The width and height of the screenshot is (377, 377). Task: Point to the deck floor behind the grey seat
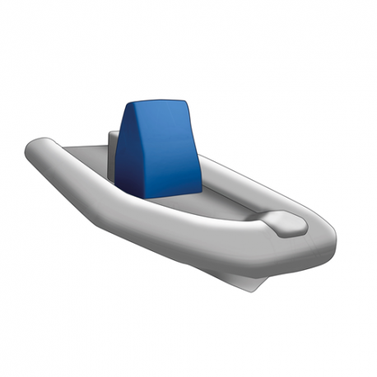tap(86, 156)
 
